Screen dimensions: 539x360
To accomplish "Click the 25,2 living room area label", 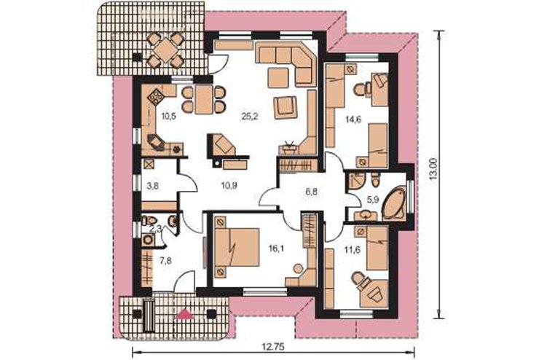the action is point(250,117).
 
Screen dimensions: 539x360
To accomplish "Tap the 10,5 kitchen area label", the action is point(168,116).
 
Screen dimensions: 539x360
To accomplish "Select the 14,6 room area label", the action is point(353,120).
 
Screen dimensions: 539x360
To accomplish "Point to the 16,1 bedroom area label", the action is point(275,248).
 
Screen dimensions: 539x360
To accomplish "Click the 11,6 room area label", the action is point(353,250).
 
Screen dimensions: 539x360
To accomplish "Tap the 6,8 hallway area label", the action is point(312,192).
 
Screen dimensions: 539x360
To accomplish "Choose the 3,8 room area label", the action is point(153,187).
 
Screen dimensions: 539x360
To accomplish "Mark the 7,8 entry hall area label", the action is point(165,261).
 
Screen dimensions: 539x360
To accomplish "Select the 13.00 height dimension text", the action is point(434,169).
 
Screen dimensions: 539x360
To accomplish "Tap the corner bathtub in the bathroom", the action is point(394,203).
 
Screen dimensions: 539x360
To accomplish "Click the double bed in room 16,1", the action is point(237,246).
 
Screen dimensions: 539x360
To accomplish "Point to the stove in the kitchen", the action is point(156,97).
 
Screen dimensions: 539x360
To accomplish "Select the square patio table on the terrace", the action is point(165,50).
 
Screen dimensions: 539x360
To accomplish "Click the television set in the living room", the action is point(288,147).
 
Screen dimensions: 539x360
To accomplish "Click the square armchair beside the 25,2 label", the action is point(286,108).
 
